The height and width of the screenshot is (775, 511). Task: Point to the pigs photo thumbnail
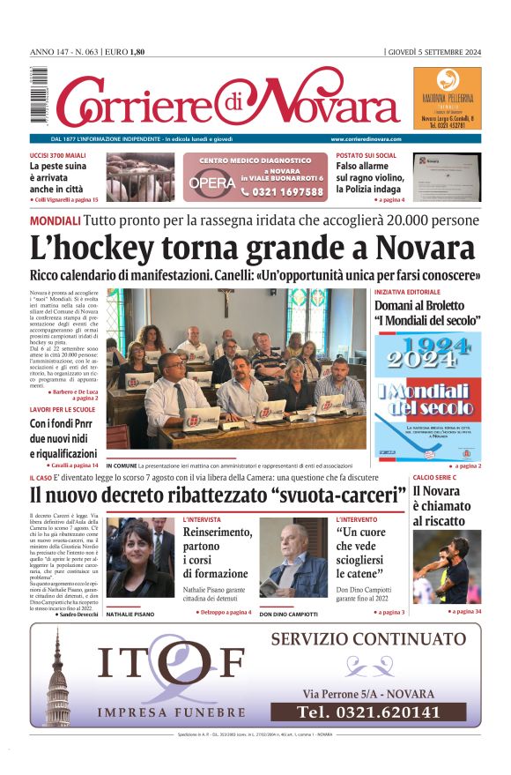pos(141,177)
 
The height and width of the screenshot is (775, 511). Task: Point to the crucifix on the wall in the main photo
pos(227,302)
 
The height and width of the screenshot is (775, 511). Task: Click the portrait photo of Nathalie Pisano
pos(141,558)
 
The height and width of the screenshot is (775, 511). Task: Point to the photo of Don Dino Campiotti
pos(293,558)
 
